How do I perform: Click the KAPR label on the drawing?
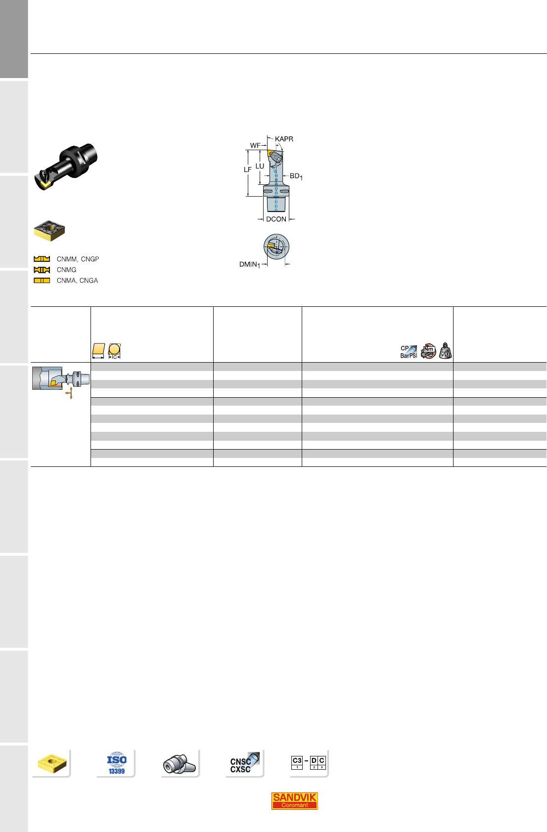point(284,139)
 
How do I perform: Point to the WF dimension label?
point(255,146)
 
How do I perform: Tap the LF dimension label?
point(248,170)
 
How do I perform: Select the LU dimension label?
point(260,166)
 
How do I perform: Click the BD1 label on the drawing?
point(296,176)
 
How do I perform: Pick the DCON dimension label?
point(276,219)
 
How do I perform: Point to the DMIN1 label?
point(250,264)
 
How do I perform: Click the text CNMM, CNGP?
point(78,259)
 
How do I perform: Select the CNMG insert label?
point(67,270)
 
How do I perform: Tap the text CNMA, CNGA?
point(77,281)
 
